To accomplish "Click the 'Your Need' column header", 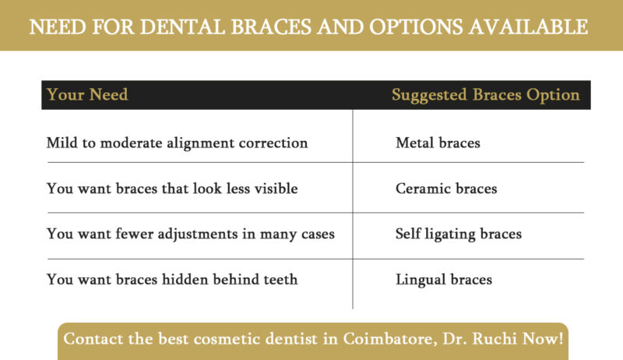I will [x=87, y=95].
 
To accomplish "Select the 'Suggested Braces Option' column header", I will [x=485, y=95].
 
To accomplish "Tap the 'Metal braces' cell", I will [x=438, y=143].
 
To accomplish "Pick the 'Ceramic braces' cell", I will [x=446, y=189].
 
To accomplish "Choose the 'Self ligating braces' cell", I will [x=459, y=234].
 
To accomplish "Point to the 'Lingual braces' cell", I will [x=444, y=279].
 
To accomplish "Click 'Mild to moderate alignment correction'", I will [x=177, y=143].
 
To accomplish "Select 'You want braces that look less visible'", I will [x=172, y=189].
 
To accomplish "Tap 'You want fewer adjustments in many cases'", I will [x=191, y=234].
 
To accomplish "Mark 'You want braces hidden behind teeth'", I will [x=172, y=279].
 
